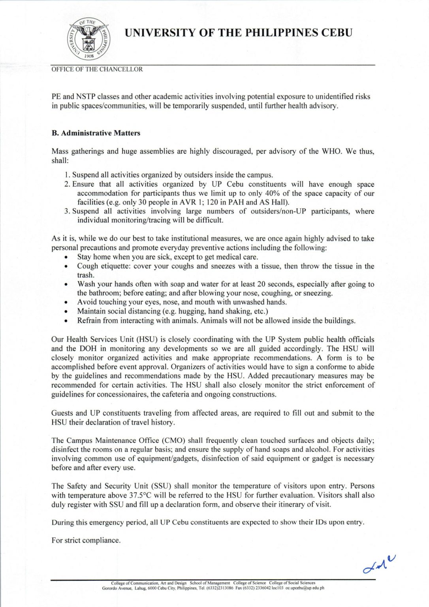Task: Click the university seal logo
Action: click(x=89, y=39)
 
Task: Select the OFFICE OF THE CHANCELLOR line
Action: click(x=97, y=69)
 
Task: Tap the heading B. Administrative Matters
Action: click(x=96, y=133)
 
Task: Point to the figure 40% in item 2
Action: click(x=281, y=193)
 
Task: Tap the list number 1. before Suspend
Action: click(x=67, y=175)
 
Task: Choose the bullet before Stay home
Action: click(x=66, y=257)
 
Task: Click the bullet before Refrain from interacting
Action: click(x=66, y=321)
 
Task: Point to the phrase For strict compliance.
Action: click(x=86, y=540)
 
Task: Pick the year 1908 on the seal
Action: click(x=89, y=56)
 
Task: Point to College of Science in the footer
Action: click(x=249, y=583)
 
